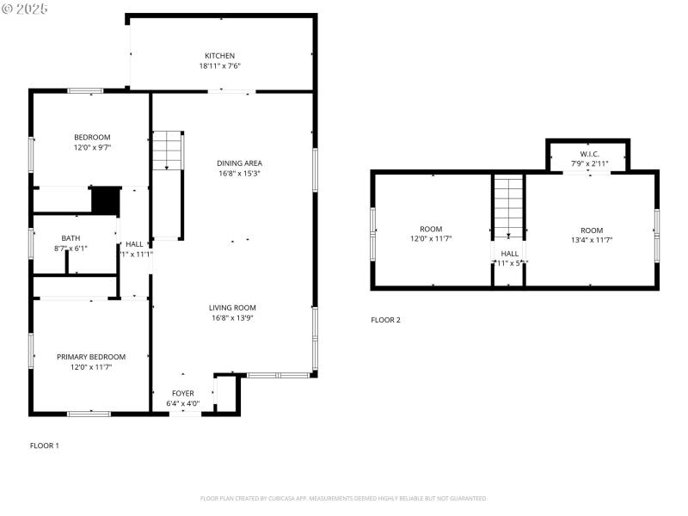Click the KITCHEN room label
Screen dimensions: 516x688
[x=219, y=56]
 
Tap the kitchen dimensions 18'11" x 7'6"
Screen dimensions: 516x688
[x=219, y=66]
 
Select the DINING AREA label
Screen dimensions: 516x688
[x=239, y=163]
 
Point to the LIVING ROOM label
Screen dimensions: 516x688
[x=232, y=307]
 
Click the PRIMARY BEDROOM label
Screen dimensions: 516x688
[x=91, y=357]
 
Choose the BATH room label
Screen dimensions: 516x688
[x=71, y=238]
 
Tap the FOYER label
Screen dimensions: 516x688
[x=182, y=393]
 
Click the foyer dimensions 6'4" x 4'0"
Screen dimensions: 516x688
[x=182, y=402]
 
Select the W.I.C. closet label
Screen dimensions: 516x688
[x=589, y=154]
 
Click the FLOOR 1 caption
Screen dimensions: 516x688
[x=45, y=445]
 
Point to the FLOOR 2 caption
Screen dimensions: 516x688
[x=385, y=320]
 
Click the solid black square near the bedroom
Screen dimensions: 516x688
[x=104, y=200]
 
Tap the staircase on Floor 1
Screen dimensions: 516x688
[x=168, y=151]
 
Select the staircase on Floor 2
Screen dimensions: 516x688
[x=508, y=208]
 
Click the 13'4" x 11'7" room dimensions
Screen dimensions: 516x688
[x=592, y=240]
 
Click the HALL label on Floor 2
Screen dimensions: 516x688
[x=509, y=254]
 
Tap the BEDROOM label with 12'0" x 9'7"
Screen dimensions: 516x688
[x=91, y=138]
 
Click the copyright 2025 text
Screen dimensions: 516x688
[x=25, y=8]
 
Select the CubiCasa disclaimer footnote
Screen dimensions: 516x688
[x=344, y=498]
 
